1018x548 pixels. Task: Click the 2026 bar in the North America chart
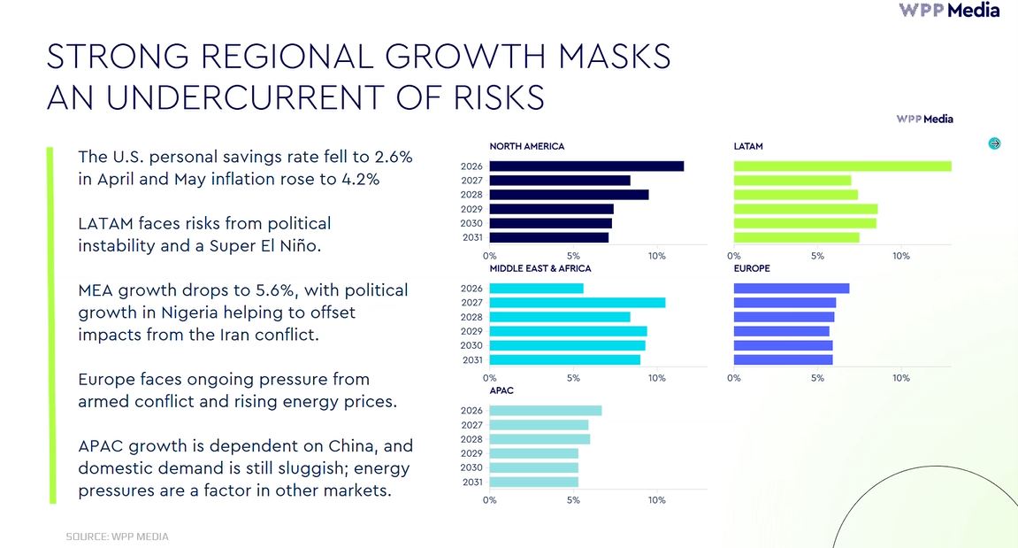point(586,166)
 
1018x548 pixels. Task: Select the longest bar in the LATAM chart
point(843,166)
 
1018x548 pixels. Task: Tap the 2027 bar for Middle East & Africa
point(578,302)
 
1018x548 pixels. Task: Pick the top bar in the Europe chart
point(792,288)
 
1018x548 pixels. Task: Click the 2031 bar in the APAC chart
point(533,482)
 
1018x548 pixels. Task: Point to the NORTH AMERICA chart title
point(526,146)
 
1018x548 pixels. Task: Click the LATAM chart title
point(748,146)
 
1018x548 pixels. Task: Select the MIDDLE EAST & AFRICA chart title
point(540,268)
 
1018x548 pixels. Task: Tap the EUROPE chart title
point(752,268)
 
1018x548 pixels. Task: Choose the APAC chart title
point(501,390)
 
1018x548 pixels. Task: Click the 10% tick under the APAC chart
point(656,500)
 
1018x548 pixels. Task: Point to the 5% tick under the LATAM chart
point(817,256)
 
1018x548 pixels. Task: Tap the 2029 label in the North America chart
point(471,209)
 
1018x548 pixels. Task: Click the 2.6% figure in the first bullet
point(390,157)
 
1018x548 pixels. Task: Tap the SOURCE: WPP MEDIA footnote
point(117,536)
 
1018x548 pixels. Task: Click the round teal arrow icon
point(994,143)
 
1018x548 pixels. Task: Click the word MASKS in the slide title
point(614,56)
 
